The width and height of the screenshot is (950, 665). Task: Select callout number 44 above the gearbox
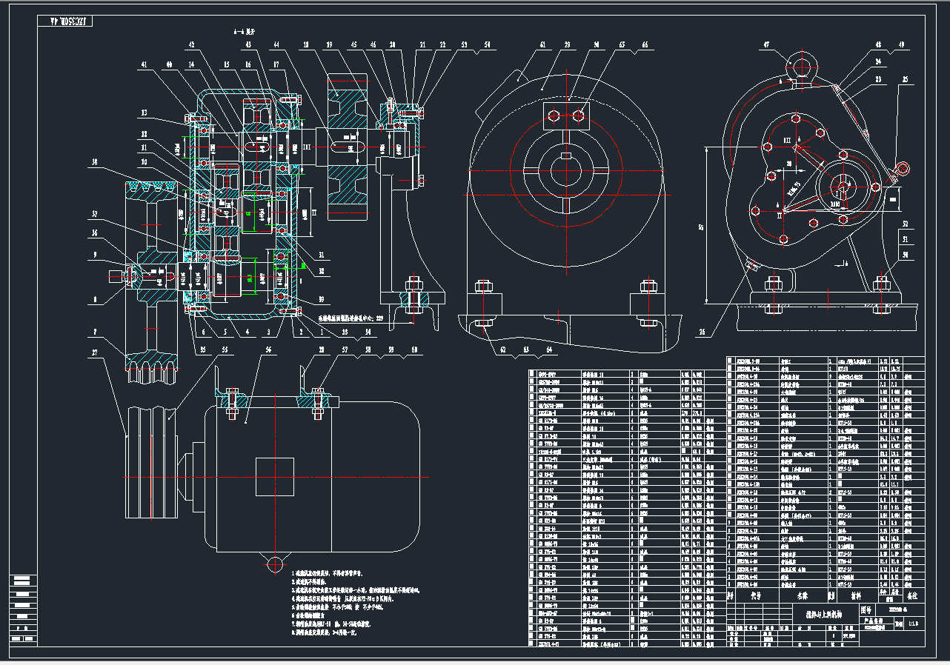[276, 45]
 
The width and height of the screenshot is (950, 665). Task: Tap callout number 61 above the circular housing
[542, 45]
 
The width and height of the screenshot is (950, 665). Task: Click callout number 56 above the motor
[268, 349]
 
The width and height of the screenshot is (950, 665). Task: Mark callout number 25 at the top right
[905, 79]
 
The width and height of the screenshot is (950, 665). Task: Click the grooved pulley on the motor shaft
[151, 478]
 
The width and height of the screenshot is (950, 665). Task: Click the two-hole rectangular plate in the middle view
[565, 116]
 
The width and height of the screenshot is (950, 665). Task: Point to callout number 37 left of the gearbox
[94, 215]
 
